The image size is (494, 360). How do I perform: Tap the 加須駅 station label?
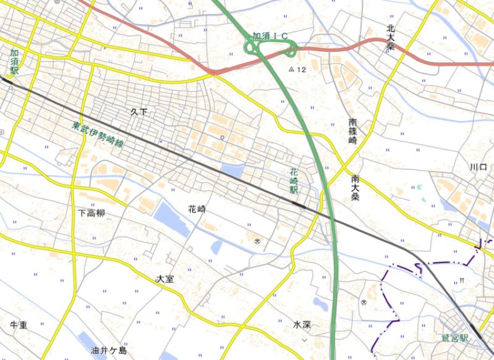(x=14, y=62)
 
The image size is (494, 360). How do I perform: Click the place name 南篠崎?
(x=353, y=131)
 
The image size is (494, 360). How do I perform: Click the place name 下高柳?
(x=91, y=213)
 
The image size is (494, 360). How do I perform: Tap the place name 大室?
(x=165, y=279)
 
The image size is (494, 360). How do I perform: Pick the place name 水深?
(x=303, y=324)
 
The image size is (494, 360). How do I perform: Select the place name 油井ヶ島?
(x=109, y=351)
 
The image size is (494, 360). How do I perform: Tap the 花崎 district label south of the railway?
(x=197, y=209)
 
